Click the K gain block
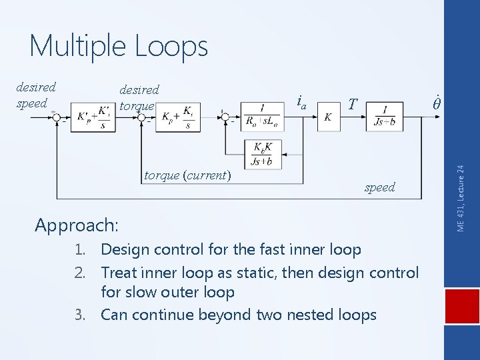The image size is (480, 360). coord(328,117)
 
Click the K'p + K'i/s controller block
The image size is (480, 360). coord(93,117)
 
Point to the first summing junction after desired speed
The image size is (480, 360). coord(57,117)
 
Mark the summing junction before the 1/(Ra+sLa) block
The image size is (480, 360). coord(227,117)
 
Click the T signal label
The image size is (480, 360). coord(353,104)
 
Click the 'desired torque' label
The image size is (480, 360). coord(139,97)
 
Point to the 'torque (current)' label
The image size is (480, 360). coord(187,176)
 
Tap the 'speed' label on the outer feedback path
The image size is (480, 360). coord(379,187)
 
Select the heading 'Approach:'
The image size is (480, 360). coord(77,225)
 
